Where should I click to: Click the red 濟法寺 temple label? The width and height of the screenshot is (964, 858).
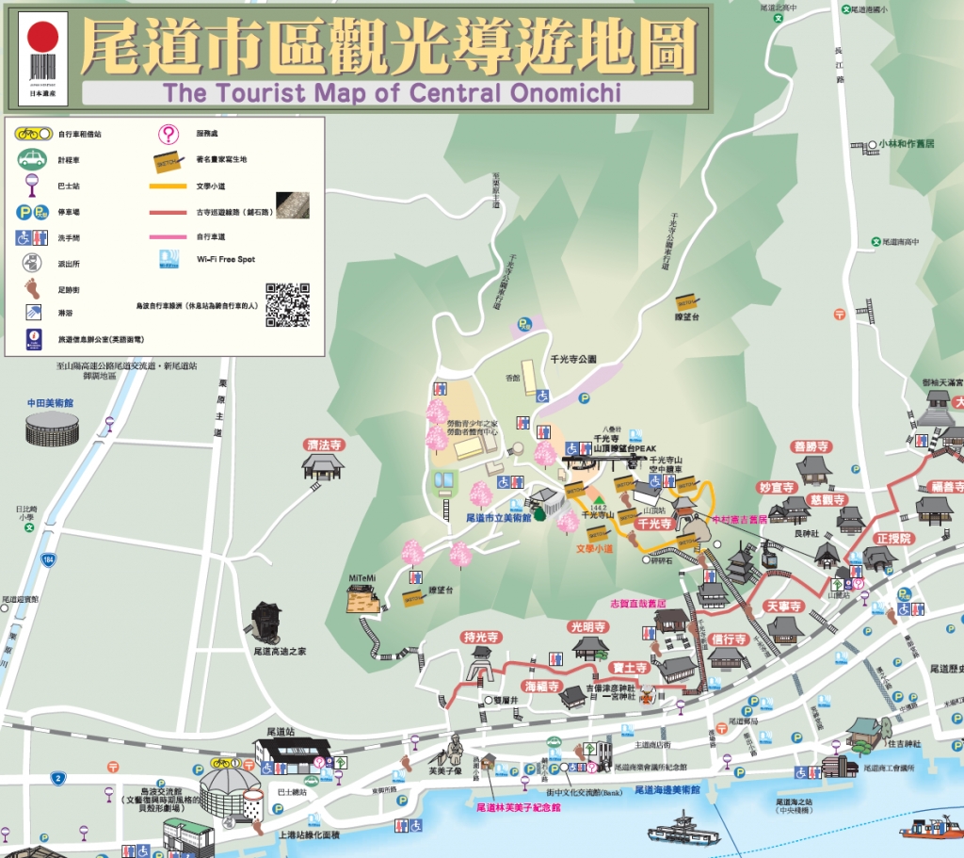pos(323,445)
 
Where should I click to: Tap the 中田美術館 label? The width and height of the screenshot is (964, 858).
pos(50,403)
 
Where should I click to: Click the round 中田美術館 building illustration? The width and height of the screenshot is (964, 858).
pos(52,430)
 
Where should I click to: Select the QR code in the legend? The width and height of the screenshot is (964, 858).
pos(287,304)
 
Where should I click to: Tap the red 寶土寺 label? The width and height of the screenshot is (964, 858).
pos(627,668)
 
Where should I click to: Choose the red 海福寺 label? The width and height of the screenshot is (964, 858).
pos(542,686)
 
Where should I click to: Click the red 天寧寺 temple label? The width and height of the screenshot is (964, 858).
pos(783,607)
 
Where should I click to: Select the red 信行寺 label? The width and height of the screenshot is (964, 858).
pos(729,639)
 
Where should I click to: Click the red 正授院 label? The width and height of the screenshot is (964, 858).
pos(892,539)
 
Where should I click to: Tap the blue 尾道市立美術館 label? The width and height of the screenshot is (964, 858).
pos(499,517)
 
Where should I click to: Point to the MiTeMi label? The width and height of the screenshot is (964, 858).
pos(361,576)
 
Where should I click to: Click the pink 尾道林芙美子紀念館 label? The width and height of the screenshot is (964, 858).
pos(518,807)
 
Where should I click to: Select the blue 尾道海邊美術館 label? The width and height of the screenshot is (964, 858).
pos(667,789)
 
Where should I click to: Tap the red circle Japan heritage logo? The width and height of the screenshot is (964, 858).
pos(42,37)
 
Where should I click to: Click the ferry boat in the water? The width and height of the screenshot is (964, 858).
pos(683,831)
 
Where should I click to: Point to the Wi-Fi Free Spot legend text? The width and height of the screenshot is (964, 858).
pos(226,259)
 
